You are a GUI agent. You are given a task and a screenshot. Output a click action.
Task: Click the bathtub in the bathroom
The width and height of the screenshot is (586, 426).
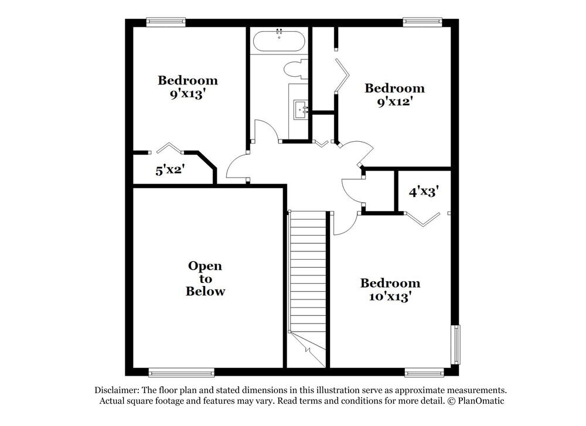(x=279, y=41)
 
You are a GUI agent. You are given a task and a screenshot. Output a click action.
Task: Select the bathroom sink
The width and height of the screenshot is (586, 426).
(x=301, y=108)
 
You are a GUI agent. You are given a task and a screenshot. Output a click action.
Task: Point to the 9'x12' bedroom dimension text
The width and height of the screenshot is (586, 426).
(x=394, y=101)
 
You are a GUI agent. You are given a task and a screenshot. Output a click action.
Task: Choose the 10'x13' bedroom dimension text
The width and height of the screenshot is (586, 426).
(x=390, y=297)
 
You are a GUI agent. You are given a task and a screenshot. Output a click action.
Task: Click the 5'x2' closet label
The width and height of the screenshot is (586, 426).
(x=170, y=171)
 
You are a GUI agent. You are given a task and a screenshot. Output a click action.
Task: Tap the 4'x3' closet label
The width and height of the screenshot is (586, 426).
(x=424, y=191)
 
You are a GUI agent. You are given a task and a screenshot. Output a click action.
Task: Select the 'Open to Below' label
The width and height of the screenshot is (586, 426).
(x=205, y=278)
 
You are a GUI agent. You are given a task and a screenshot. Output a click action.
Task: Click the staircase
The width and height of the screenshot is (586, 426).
(x=308, y=275)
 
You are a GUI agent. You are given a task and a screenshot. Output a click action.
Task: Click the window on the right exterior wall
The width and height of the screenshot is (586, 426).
(x=455, y=345)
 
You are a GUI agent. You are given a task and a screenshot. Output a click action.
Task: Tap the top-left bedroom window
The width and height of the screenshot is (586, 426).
(x=166, y=22)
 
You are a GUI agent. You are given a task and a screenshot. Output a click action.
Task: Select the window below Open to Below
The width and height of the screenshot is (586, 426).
(x=181, y=372)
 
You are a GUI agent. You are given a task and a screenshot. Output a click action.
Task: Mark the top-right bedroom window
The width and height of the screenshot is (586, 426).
(x=423, y=22)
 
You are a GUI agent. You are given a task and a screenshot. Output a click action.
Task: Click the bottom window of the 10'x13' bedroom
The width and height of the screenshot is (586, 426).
(x=424, y=372)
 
